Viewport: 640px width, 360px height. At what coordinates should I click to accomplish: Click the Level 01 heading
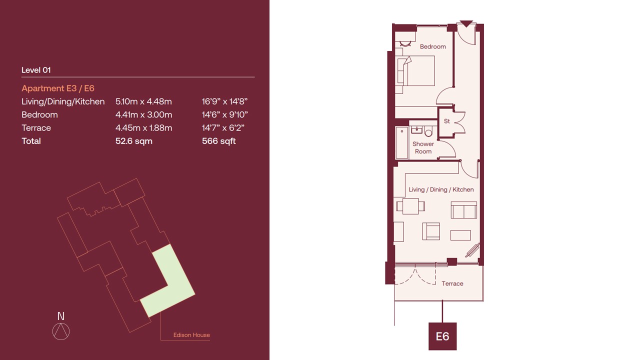tap(36, 70)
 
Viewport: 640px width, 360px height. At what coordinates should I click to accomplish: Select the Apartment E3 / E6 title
tap(57, 88)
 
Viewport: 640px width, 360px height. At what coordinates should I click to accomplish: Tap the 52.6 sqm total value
tap(133, 141)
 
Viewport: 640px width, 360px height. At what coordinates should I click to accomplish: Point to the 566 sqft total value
tap(218, 141)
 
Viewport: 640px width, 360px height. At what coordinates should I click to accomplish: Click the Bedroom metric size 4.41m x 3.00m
tap(143, 114)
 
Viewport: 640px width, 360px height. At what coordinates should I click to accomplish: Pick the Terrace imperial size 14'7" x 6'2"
tap(223, 127)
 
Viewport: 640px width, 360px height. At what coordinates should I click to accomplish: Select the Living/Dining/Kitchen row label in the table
tap(63, 101)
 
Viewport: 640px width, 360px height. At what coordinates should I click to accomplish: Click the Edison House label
tap(191, 335)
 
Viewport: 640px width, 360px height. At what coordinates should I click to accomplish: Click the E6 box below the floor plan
tap(442, 336)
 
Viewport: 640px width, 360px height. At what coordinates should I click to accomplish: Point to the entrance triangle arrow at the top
tap(466, 23)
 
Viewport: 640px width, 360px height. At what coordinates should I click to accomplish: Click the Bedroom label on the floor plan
tap(432, 46)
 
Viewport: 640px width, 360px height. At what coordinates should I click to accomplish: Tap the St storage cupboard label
tap(447, 121)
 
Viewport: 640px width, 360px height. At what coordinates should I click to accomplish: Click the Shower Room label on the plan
tap(423, 147)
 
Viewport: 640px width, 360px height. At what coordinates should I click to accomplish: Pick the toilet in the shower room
tap(428, 131)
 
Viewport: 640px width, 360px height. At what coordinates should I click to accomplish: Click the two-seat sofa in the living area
tap(463, 210)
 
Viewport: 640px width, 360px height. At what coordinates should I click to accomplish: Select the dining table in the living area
tap(410, 206)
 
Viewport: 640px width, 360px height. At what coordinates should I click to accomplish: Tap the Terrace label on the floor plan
tap(452, 283)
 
